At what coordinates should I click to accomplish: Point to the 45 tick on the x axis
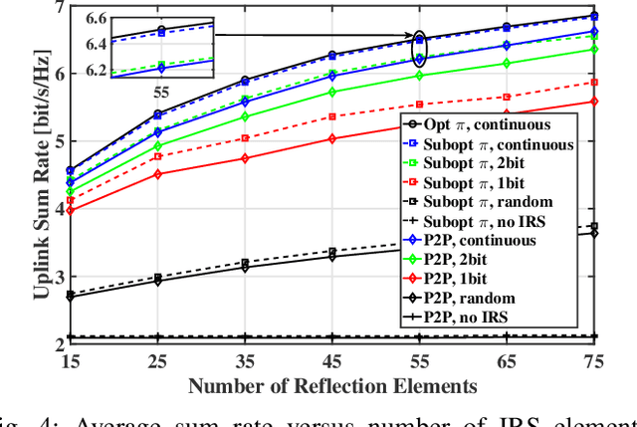331,362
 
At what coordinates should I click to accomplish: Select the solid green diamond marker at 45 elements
332,92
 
